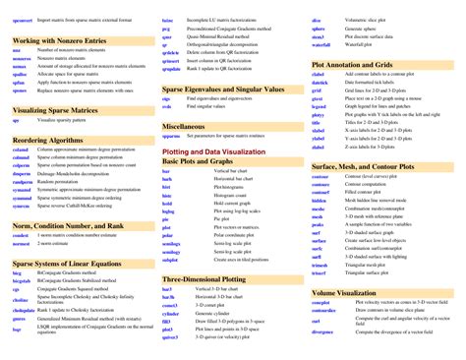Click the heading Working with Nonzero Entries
coord(58,41)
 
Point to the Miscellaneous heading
coord(184,127)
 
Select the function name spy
coord(16,120)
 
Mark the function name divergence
coord(323,331)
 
